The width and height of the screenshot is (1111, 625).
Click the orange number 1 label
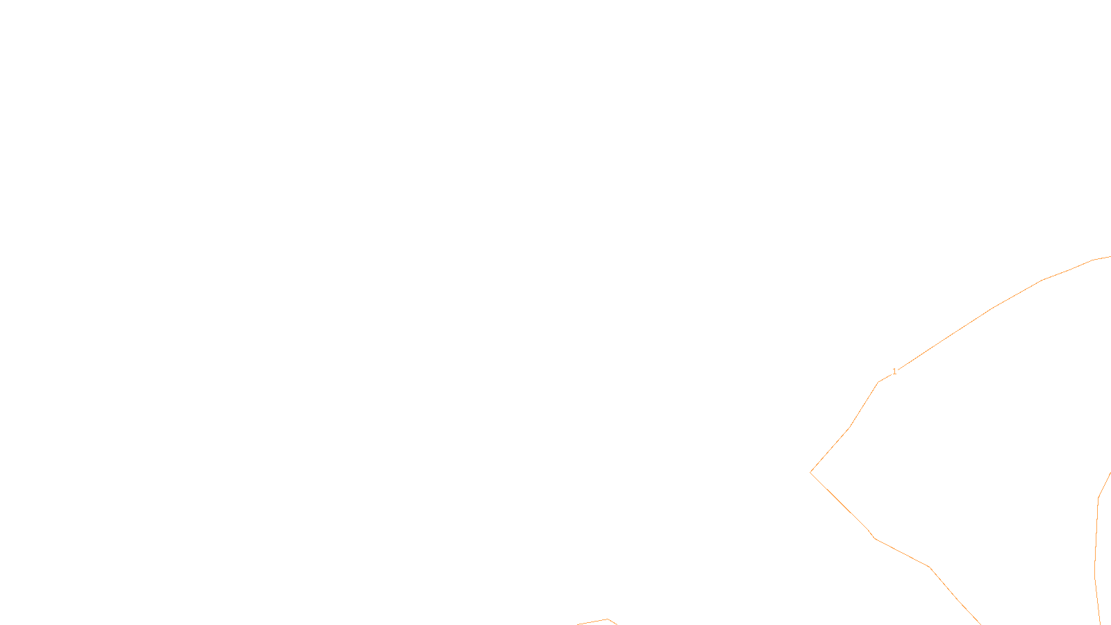tap(894, 372)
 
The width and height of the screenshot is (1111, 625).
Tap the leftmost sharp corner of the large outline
tap(810, 472)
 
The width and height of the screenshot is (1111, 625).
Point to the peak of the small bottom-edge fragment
tap(608, 619)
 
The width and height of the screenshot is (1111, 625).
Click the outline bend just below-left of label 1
tap(878, 383)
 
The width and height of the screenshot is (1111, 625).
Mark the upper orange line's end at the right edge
tap(1110, 257)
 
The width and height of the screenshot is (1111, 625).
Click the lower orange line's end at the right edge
tap(1110, 473)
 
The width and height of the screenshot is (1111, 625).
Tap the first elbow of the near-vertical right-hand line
tap(1099, 497)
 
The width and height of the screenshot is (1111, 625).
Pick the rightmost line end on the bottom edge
tap(1100, 624)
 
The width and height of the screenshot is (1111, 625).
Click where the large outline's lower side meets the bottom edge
tap(981, 624)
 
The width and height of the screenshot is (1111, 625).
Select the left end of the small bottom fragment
tap(577, 624)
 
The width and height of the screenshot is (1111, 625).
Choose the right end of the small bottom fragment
tap(617, 624)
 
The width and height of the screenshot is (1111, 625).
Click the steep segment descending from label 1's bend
tap(864, 406)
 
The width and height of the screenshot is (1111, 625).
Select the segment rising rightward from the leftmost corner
tap(830, 451)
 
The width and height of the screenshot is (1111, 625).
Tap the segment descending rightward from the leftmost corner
tap(839, 501)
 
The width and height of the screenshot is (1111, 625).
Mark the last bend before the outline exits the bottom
tap(958, 600)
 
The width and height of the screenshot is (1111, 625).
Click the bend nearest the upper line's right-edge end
tap(1093, 260)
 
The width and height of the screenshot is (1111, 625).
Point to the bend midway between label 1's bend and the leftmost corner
tap(849, 428)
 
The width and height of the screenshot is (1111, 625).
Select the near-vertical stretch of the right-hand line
tap(1096, 537)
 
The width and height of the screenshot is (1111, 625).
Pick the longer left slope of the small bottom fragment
tap(592, 622)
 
